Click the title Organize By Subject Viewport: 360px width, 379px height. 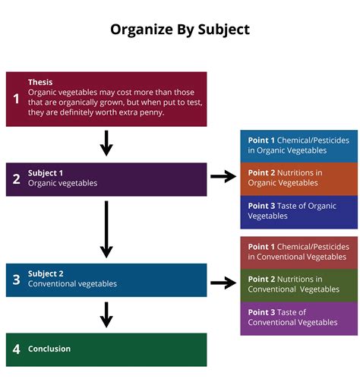180,30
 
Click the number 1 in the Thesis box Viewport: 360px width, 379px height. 16,99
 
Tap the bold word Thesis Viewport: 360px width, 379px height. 40,82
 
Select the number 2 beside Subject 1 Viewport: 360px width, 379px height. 16,179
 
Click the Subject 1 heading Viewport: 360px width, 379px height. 46,172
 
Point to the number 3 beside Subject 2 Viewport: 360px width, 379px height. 16,280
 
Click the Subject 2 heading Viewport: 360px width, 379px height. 46,273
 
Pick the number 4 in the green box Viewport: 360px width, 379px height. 16,349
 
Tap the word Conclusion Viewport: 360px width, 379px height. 49,349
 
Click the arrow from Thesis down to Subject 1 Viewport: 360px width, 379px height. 106,143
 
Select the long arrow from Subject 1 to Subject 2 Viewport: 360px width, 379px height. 106,229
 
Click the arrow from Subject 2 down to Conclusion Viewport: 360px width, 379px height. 106,314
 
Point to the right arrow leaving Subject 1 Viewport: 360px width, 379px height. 223,177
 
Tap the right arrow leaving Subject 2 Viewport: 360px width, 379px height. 223,283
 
